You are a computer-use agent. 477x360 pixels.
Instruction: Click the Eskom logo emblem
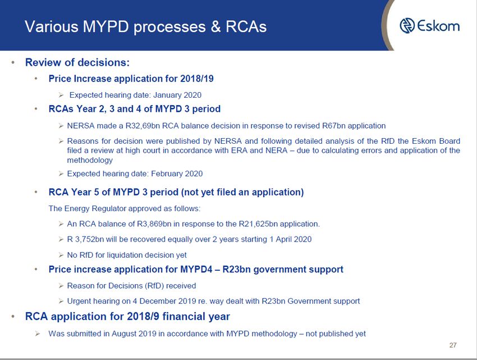click(x=407, y=26)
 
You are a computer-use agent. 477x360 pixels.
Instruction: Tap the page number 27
click(x=453, y=345)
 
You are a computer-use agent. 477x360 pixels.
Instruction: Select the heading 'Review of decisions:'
click(x=77, y=62)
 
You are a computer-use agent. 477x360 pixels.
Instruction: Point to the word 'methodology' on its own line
click(x=90, y=160)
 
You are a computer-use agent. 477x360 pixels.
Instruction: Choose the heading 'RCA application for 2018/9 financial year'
click(x=127, y=316)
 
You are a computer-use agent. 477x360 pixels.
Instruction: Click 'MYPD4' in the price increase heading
click(x=196, y=270)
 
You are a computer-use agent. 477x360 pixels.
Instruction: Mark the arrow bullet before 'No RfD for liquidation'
click(x=61, y=255)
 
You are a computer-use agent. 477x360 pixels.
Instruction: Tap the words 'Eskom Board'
click(x=436, y=141)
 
